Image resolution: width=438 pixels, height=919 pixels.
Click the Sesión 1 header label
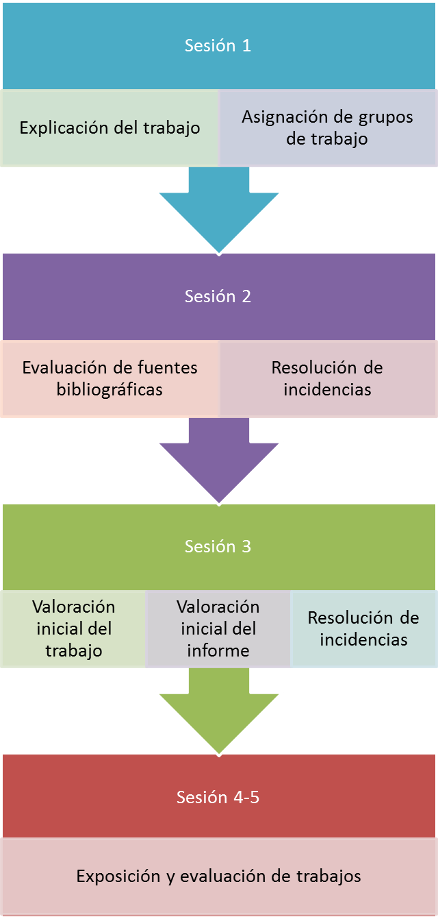pos(218,46)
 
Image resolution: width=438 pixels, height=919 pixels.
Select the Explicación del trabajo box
pos(109,127)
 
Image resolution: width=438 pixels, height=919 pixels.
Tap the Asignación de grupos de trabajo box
pos(327,127)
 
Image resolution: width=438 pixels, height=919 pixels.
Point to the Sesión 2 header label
pos(218,296)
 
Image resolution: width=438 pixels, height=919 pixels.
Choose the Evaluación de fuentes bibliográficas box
pos(109,378)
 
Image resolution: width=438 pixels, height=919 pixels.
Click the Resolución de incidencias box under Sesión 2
pos(327,378)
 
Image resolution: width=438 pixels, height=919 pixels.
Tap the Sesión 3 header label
pos(218,546)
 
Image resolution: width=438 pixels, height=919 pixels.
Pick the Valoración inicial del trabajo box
pos(73,628)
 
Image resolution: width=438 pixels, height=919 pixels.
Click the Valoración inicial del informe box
pos(218,628)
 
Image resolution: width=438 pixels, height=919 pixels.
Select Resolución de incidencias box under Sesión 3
pos(363,628)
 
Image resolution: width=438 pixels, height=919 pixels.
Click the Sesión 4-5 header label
pos(218,797)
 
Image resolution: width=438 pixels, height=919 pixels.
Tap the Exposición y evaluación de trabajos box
pos(218,876)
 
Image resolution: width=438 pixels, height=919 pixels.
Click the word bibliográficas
pos(109,390)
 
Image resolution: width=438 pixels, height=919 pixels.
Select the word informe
pos(218,650)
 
